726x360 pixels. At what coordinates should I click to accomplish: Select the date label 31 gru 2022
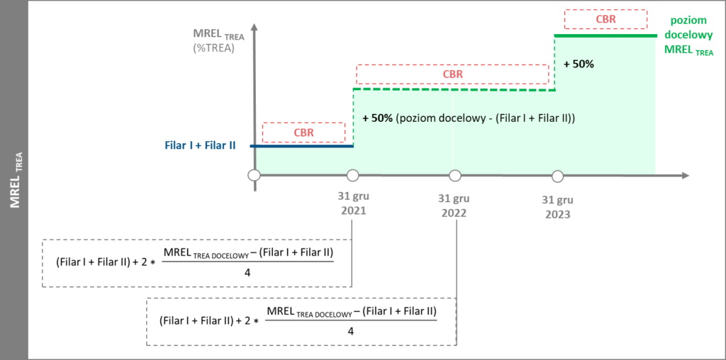pyautogui.click(x=454, y=206)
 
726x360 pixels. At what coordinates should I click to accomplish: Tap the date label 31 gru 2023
pyautogui.click(x=557, y=206)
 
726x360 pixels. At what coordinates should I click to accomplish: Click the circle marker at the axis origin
pyautogui.click(x=253, y=175)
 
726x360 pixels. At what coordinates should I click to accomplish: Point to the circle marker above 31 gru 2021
pyautogui.click(x=352, y=175)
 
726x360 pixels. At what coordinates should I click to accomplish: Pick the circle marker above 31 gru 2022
pyautogui.click(x=455, y=175)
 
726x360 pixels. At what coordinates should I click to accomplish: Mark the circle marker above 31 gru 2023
pyautogui.click(x=558, y=175)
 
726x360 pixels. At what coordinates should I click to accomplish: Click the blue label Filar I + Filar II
pyautogui.click(x=200, y=145)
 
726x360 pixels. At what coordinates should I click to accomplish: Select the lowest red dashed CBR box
pyautogui.click(x=303, y=133)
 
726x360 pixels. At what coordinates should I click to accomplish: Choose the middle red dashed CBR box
pyautogui.click(x=452, y=74)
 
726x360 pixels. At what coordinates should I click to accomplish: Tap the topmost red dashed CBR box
pyautogui.click(x=606, y=19)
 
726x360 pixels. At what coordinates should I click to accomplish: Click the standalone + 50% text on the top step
pyautogui.click(x=579, y=64)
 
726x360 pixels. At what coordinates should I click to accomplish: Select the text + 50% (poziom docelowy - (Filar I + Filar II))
pyautogui.click(x=468, y=118)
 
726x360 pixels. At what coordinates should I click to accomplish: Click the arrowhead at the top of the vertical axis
pyautogui.click(x=254, y=27)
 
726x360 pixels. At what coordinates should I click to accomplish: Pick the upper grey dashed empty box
pyautogui.click(x=196, y=263)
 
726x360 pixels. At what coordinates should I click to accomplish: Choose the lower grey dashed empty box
pyautogui.click(x=301, y=321)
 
